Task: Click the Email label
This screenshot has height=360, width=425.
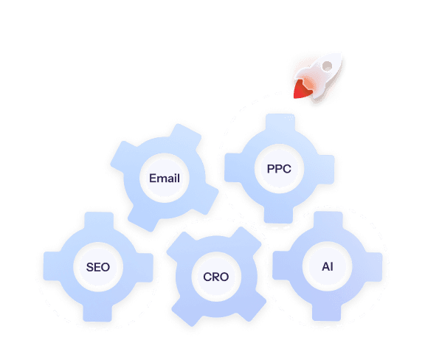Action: tap(165, 178)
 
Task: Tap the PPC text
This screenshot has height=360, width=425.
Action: tap(279, 169)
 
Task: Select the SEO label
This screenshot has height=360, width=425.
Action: tap(98, 267)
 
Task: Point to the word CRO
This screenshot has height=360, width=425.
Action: tap(216, 277)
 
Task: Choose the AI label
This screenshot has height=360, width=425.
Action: tap(328, 267)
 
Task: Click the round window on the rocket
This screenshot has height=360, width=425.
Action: tap(327, 66)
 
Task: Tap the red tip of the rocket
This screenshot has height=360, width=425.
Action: tap(301, 89)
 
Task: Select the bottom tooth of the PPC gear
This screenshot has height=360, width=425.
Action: tap(279, 214)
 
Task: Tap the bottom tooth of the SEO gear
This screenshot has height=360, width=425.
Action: tap(97, 312)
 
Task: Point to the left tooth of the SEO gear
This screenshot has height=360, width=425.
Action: tap(52, 266)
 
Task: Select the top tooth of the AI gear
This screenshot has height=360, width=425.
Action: tap(328, 221)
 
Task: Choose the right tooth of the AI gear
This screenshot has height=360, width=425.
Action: tap(373, 267)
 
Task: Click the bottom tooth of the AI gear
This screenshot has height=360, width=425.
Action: tap(327, 312)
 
